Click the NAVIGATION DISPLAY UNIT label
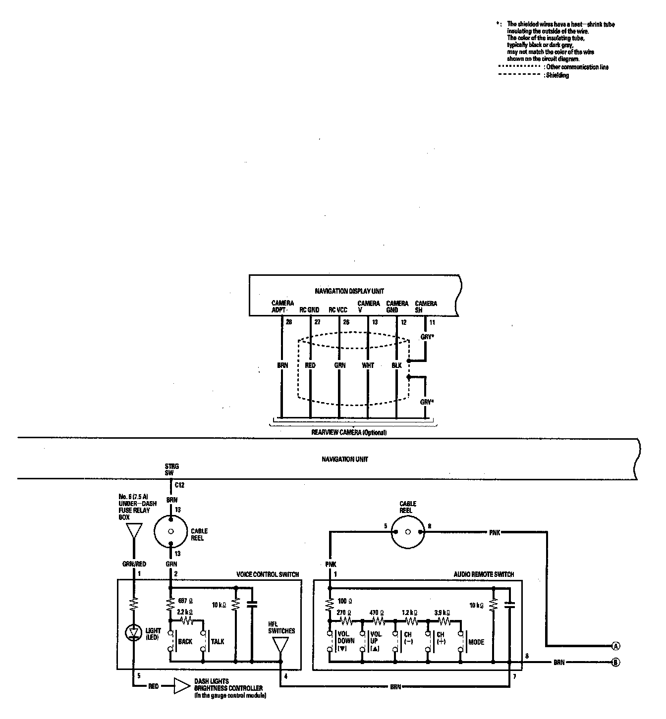(349, 291)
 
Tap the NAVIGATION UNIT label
(344, 459)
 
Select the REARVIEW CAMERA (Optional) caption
(348, 432)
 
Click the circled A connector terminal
(615, 646)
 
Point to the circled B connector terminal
(615, 663)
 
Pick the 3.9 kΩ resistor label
(442, 612)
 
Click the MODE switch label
(476, 642)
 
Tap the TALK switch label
(218, 642)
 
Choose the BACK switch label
(185, 642)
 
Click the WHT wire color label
(368, 365)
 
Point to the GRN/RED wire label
(134, 564)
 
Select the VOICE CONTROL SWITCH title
(268, 574)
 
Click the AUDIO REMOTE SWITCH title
(484, 574)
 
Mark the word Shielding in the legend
(557, 75)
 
